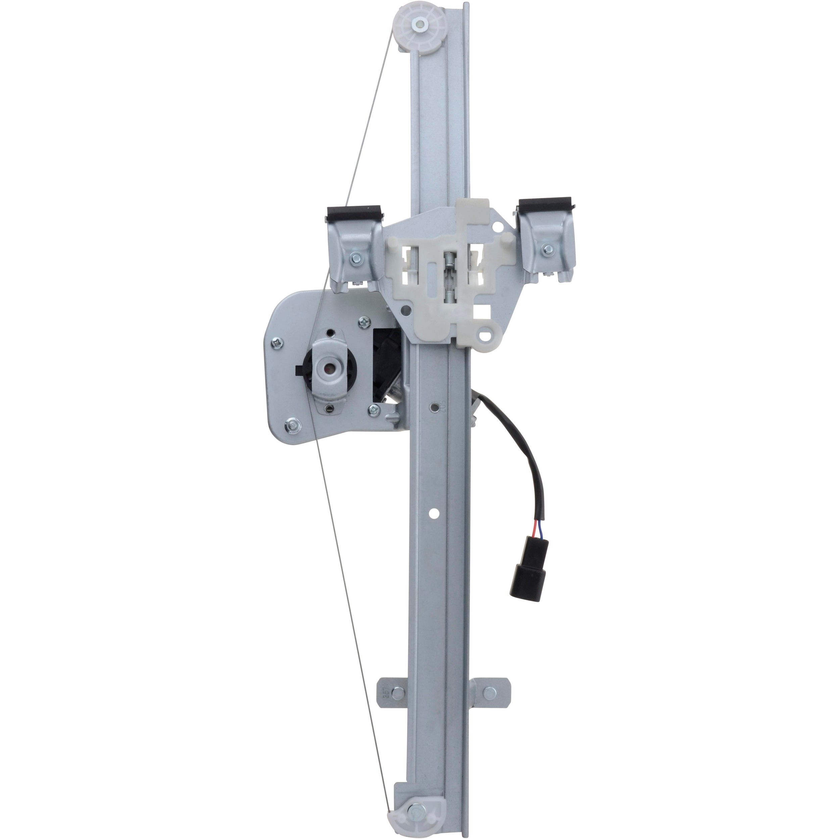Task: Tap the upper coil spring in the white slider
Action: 448,263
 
